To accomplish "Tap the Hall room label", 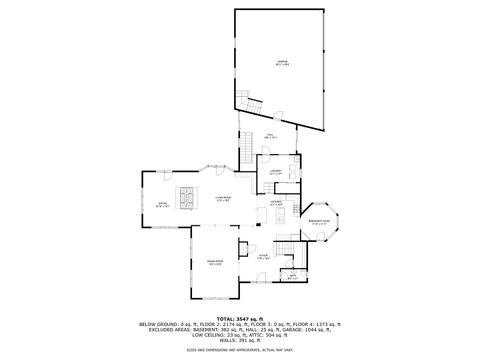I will [x=270, y=136].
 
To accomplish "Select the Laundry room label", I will [x=275, y=171].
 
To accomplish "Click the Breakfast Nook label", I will [x=320, y=222].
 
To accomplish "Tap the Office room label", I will [x=162, y=205].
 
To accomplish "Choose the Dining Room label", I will [x=213, y=261].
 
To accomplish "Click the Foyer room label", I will [x=263, y=256].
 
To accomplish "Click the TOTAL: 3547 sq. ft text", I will [x=240, y=319].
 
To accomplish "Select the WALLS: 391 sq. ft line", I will [x=240, y=341].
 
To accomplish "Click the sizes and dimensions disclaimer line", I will [x=240, y=350].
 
